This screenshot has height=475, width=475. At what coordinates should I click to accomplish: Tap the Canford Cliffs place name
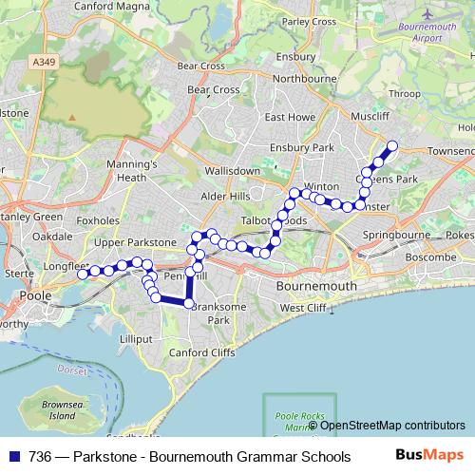200,353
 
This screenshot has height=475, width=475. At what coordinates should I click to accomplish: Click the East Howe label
290,118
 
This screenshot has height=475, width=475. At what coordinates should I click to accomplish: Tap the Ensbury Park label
302,148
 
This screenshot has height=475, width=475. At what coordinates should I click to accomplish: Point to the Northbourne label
302,81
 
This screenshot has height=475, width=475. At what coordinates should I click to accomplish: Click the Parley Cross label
309,21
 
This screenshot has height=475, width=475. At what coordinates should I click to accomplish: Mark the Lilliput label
136,337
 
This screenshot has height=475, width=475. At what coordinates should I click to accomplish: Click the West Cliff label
302,308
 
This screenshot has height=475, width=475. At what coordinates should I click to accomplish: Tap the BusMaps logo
428,456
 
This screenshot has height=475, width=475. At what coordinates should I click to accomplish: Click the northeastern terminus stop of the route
390,145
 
